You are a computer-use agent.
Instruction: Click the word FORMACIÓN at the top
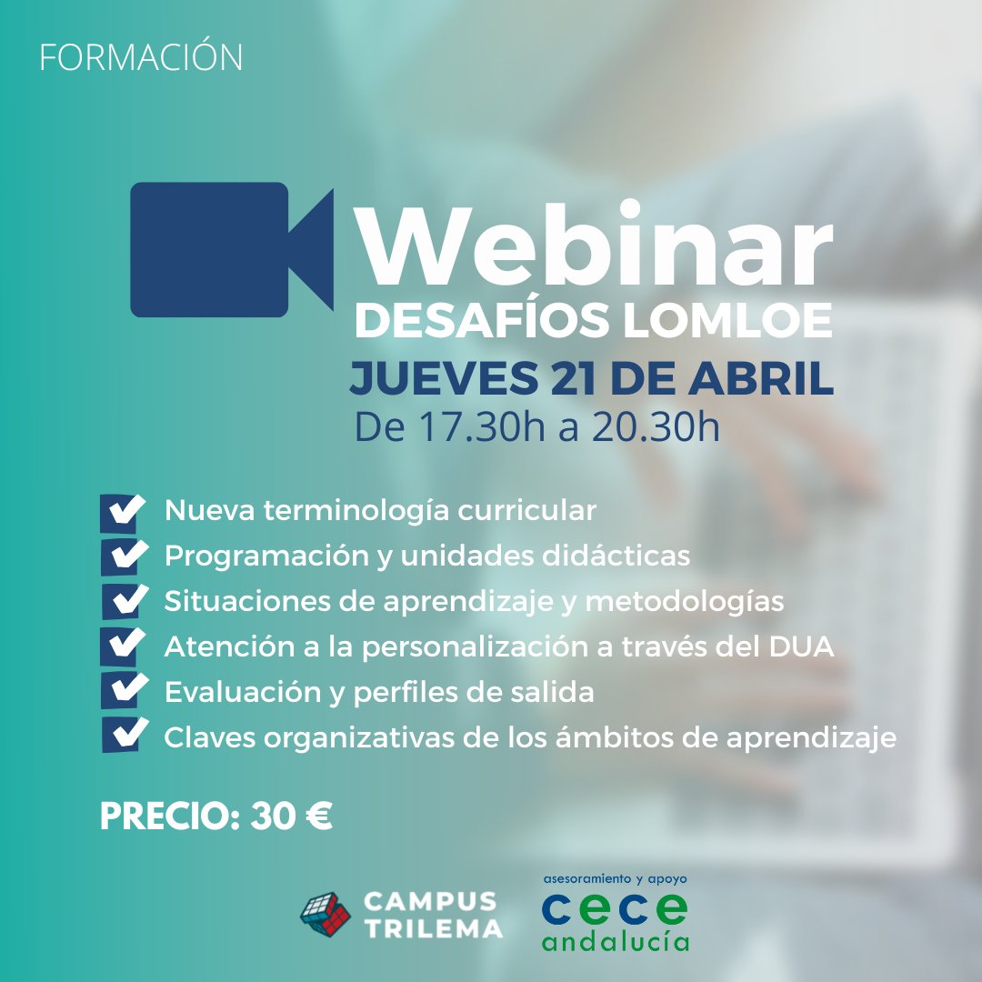pos(141,57)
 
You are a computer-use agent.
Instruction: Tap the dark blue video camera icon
pos(231,249)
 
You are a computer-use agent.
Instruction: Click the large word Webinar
pos(594,245)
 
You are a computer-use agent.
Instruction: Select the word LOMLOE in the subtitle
pos(727,320)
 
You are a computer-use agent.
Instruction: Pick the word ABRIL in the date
pos(761,378)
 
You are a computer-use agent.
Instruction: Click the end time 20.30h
pos(655,427)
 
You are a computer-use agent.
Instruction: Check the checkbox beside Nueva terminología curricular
pos(123,513)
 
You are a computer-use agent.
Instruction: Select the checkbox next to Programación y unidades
pos(125,556)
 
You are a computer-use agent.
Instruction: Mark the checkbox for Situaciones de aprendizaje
pos(125,601)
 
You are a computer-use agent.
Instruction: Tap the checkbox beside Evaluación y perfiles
pos(125,690)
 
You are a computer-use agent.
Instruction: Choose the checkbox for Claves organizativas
pos(125,734)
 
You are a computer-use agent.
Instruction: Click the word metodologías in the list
pos(685,603)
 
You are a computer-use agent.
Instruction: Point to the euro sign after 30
pos(319,816)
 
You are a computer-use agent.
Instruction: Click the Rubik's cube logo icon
pos(326,915)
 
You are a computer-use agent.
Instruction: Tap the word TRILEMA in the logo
pos(434,928)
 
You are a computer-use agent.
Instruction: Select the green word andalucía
pos(616,941)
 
